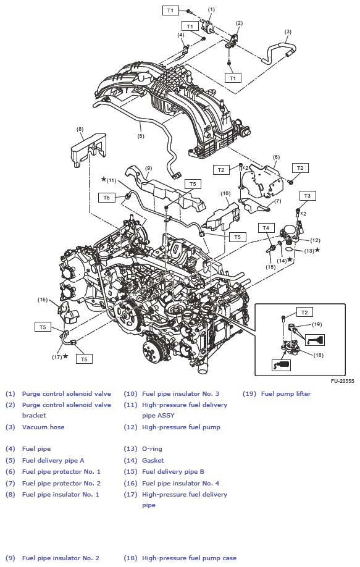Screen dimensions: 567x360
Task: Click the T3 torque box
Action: click(307, 195)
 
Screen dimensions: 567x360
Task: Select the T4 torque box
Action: click(266, 227)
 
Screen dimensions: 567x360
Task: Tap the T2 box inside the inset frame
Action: click(304, 312)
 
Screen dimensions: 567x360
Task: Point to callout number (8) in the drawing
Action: click(80, 129)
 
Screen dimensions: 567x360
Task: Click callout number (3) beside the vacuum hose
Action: click(288, 31)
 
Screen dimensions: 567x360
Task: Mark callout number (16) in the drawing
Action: click(43, 300)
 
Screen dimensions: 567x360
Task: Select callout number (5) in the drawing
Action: click(141, 136)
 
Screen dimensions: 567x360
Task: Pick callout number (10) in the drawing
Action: click(225, 193)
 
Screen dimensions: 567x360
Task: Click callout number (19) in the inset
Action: click(317, 324)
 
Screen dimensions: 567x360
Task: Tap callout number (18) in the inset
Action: click(319, 355)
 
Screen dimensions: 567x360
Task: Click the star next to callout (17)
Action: click(65, 356)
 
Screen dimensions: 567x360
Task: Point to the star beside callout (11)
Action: click(104, 179)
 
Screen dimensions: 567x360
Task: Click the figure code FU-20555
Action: click(342, 381)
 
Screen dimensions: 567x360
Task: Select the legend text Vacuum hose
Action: click(43, 427)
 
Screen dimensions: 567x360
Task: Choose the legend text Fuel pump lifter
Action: click(286, 393)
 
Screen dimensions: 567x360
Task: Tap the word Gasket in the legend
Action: click(153, 460)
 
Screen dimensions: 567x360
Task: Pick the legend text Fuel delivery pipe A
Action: click(53, 460)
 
